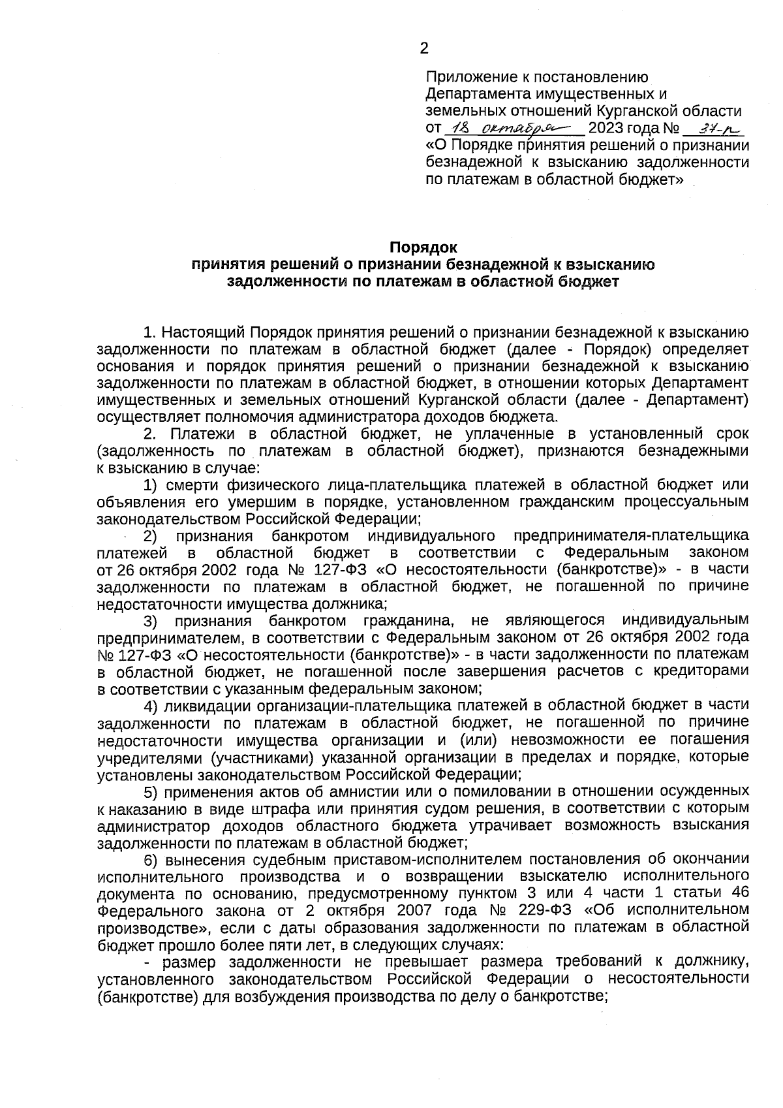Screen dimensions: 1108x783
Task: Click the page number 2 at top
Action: tap(423, 48)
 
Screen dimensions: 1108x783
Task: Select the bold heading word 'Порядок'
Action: tap(423, 247)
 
